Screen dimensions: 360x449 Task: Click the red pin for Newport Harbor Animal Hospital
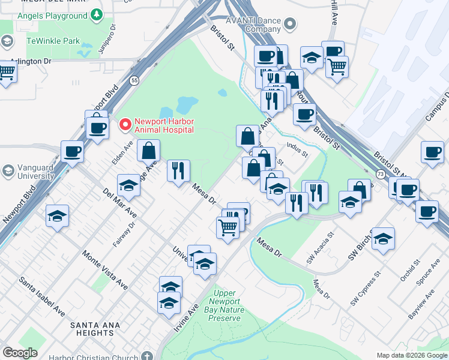(x=125, y=124)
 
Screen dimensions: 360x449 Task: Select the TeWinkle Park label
(x=53, y=41)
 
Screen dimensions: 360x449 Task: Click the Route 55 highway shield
(x=134, y=80)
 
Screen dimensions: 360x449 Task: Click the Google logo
(x=20, y=353)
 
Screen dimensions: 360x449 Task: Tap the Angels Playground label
(x=53, y=16)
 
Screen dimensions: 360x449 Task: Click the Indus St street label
(x=297, y=149)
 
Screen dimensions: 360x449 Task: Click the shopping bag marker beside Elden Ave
(x=148, y=151)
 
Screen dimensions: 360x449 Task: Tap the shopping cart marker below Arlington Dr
(x=6, y=73)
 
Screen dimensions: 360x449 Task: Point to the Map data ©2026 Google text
(x=412, y=355)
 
